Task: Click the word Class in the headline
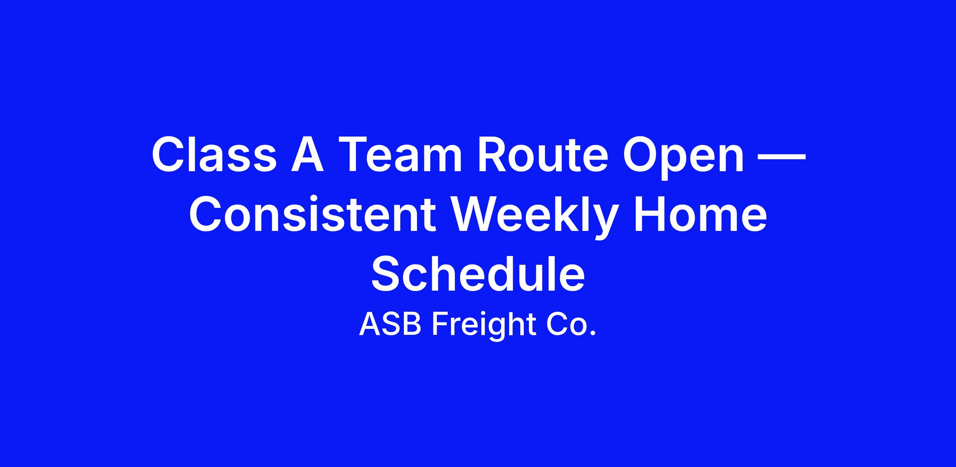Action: tap(214, 154)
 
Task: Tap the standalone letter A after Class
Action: tap(307, 154)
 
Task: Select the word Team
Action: tap(400, 154)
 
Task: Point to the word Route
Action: tap(543, 154)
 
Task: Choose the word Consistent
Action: tap(312, 214)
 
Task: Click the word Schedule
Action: tap(478, 274)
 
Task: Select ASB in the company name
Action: tap(390, 324)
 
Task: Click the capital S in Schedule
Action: tap(387, 274)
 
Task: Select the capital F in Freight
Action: tap(441, 324)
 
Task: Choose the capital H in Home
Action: tap(650, 215)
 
